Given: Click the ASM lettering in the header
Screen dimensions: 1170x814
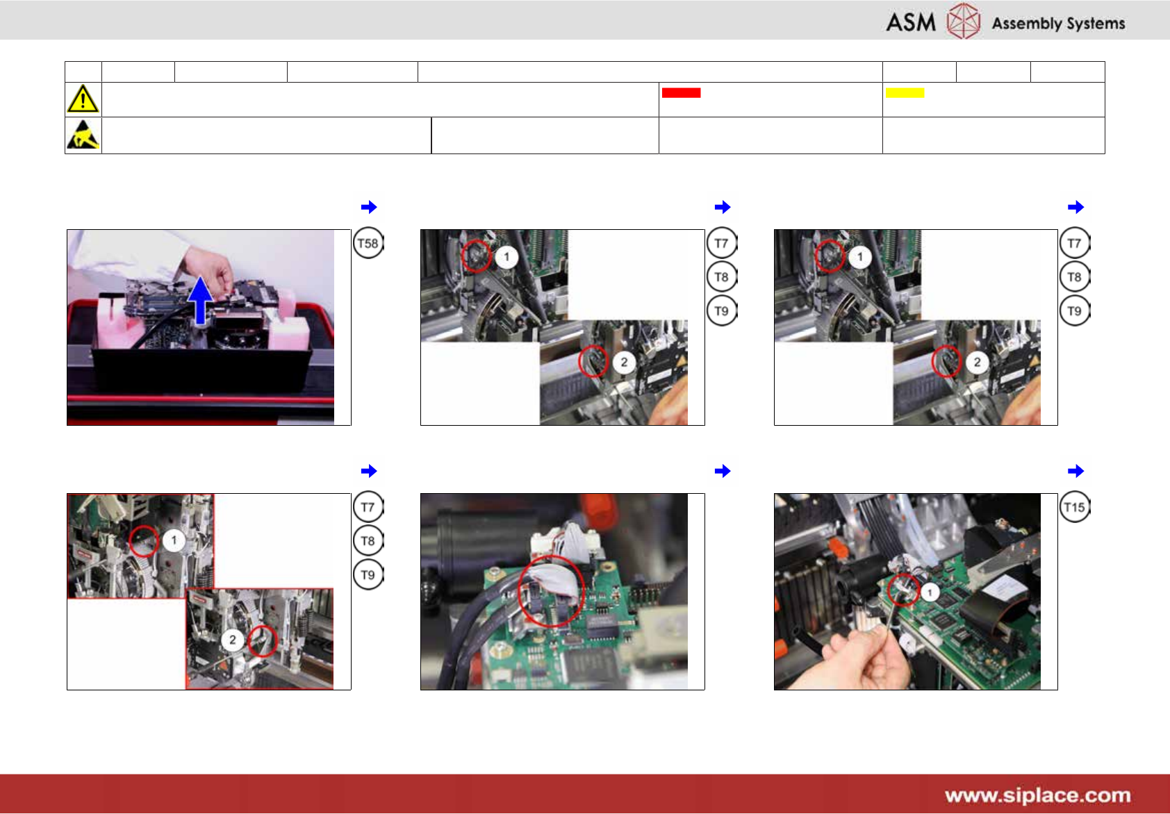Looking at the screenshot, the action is (x=910, y=22).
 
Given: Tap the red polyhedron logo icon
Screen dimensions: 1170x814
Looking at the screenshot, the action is (x=963, y=21).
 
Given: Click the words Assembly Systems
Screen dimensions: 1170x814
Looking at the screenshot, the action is (x=1058, y=24).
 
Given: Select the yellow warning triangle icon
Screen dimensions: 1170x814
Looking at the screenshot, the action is (x=83, y=99).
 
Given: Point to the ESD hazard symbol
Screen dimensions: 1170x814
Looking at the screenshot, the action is (x=83, y=135).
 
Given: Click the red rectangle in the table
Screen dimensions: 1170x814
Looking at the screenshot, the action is (x=681, y=93).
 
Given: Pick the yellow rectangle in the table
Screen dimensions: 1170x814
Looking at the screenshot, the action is (x=905, y=93).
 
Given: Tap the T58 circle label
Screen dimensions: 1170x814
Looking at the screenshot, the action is (x=368, y=243).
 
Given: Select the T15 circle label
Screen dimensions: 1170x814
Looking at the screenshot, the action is (x=1074, y=507).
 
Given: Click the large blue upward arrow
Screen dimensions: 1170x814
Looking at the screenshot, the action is (x=200, y=300).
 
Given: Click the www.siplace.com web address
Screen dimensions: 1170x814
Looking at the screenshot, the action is (x=1038, y=795).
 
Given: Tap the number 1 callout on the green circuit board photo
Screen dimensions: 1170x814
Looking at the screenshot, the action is (x=930, y=592).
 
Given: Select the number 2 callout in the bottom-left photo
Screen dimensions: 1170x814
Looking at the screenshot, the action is (x=233, y=640).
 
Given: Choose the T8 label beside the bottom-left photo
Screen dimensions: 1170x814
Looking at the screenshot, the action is (x=368, y=541).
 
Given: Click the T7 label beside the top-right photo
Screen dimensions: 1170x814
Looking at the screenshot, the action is (x=1074, y=243).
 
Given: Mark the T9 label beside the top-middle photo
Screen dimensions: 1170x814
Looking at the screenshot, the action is (x=721, y=311).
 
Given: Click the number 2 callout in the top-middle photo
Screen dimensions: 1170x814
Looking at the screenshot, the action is (x=624, y=362).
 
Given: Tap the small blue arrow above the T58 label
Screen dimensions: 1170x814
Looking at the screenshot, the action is (x=369, y=207).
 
